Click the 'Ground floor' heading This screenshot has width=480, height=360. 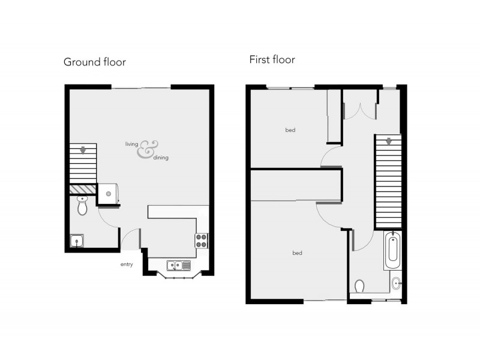(94, 62)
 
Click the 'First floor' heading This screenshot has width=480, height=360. (272, 59)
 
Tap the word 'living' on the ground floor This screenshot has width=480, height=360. (131, 144)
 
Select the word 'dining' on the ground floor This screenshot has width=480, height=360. (161, 157)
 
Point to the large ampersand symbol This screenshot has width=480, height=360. (146, 150)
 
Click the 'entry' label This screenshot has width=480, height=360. (126, 264)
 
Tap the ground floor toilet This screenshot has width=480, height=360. (82, 206)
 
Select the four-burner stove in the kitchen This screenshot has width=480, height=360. (201, 241)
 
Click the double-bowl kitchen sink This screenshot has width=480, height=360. (179, 265)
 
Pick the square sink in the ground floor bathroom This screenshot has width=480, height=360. (77, 241)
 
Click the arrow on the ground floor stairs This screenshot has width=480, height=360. (83, 150)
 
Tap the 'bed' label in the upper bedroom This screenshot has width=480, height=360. (290, 130)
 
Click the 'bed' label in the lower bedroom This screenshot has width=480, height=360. (296, 253)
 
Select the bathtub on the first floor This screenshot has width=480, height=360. (392, 251)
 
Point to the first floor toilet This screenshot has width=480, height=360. (360, 286)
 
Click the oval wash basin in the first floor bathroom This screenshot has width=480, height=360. (395, 283)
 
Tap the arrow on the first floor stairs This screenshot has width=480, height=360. (388, 142)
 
